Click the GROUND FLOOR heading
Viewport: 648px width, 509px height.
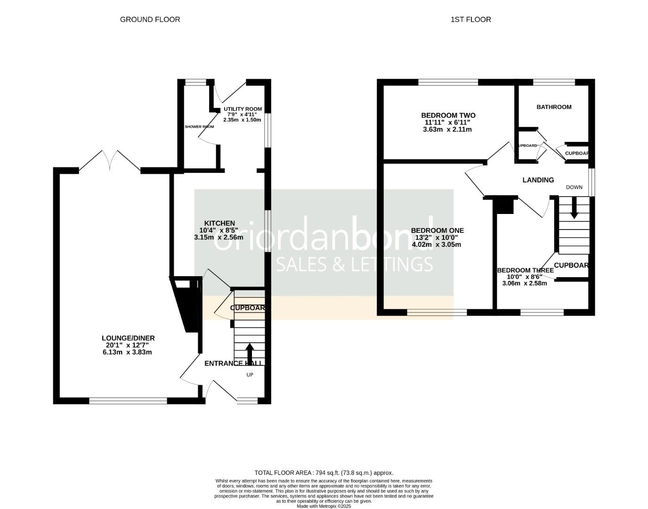pyautogui.click(x=150, y=19)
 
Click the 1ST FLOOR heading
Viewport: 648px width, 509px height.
pyautogui.click(x=470, y=19)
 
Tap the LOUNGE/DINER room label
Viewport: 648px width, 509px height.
pyautogui.click(x=128, y=338)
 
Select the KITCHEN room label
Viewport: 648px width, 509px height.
pyautogui.click(x=219, y=223)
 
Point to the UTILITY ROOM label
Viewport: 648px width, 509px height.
pyautogui.click(x=243, y=109)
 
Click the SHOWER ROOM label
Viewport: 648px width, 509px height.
pyautogui.click(x=199, y=127)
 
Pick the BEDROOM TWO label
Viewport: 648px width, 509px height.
pyautogui.click(x=448, y=115)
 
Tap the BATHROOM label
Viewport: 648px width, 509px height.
pyautogui.click(x=554, y=107)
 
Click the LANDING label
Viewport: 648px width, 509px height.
pyautogui.click(x=538, y=180)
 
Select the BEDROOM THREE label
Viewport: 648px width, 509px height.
pyautogui.click(x=525, y=271)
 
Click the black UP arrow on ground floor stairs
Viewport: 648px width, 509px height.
pyautogui.click(x=249, y=352)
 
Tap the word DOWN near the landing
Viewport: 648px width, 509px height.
pyautogui.click(x=574, y=187)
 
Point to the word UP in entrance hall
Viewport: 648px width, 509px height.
pyautogui.click(x=250, y=375)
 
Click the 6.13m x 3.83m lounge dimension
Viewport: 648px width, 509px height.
pyautogui.click(x=128, y=352)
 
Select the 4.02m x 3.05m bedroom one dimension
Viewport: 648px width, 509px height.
pyautogui.click(x=437, y=245)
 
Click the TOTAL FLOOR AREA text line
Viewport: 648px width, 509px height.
pyautogui.click(x=324, y=473)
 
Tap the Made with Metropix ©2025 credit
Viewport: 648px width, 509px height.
pyautogui.click(x=324, y=506)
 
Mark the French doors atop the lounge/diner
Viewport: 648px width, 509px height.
pyautogui.click(x=109, y=161)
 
